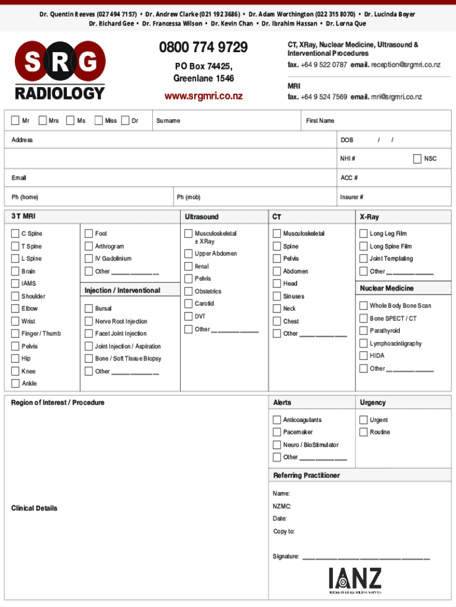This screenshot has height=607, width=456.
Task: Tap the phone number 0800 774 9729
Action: pos(203,47)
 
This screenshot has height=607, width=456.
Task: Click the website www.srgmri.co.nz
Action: pos(203,96)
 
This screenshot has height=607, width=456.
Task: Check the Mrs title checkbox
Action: pos(43,121)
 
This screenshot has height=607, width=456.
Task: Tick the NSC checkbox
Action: pos(417,159)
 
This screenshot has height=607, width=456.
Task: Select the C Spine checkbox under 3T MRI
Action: pos(15,234)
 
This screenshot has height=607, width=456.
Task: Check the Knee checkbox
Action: pos(15,371)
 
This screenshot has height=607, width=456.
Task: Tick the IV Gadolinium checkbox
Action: pos(88,258)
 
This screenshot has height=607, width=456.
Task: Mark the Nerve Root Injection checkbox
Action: pos(88,321)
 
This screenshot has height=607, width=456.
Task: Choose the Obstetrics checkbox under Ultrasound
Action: pos(188,291)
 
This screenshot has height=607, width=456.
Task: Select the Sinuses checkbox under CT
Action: pos(277,296)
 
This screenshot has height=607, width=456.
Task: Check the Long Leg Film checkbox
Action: pos(364,234)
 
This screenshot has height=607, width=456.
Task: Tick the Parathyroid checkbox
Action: pos(364,331)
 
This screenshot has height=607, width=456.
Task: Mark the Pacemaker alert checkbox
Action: pos(277,432)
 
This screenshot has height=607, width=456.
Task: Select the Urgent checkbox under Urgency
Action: pos(364,420)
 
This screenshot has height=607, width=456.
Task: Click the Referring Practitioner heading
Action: pos(306,475)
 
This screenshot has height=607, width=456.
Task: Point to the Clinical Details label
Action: pos(34,509)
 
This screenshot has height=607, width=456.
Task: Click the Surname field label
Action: pos(168,121)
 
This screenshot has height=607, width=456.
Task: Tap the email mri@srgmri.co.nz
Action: pos(397,97)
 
